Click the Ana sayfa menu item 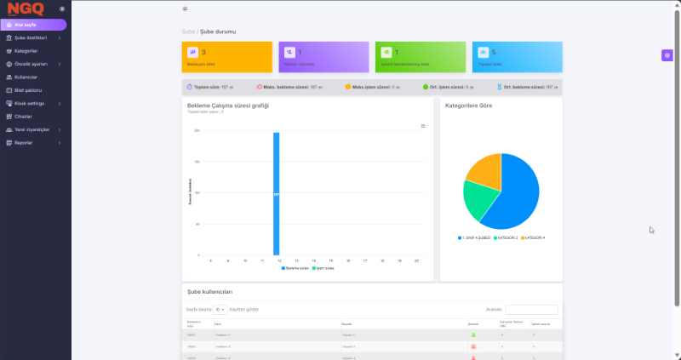(26, 26)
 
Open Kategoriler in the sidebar (26, 50)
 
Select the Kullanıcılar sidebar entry (26, 77)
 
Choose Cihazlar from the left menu (24, 116)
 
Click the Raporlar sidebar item (24, 142)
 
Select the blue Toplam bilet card (517, 56)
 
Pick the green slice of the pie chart (478, 200)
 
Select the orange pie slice (483, 169)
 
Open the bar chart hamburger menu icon (423, 126)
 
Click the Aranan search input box (531, 310)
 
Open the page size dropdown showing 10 (220, 310)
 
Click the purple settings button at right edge (667, 55)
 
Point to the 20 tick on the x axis (416, 260)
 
